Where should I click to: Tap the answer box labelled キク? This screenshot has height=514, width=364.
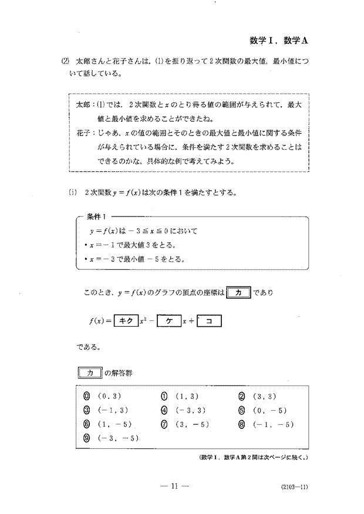coord(124,322)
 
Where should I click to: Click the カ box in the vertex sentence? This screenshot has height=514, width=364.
coord(238,292)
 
